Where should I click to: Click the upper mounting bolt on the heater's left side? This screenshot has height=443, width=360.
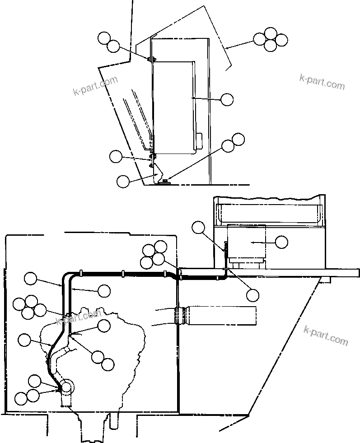(x=151, y=59)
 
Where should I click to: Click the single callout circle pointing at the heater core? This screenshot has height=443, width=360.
(x=227, y=99)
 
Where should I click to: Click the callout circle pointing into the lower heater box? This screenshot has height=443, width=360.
(x=281, y=242)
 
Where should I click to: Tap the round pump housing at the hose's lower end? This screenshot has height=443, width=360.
(x=66, y=387)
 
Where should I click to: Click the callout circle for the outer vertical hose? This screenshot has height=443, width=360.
(x=31, y=279)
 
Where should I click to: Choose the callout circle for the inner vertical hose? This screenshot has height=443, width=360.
(x=104, y=291)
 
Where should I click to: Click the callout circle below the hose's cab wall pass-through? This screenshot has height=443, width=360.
(x=252, y=295)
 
